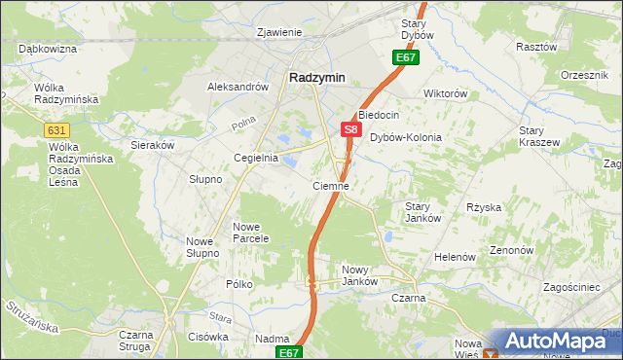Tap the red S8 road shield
(352, 128)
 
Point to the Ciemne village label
(331, 185)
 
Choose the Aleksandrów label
(238, 87)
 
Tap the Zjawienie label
(279, 32)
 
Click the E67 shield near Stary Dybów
(406, 59)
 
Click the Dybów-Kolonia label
(406, 137)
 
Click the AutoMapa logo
(550, 342)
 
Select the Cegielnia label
(256, 158)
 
